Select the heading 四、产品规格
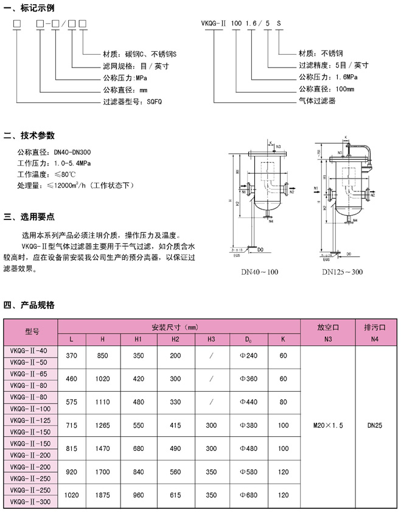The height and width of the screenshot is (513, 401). (29, 305)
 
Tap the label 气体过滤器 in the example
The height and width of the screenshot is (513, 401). (316, 101)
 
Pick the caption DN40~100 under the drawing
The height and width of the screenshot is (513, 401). (260, 272)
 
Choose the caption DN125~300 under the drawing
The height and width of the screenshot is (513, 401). (342, 272)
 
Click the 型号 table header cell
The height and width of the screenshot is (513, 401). (32, 332)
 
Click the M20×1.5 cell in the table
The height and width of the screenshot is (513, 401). (328, 426)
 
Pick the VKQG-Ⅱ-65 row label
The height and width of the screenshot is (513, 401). (30, 374)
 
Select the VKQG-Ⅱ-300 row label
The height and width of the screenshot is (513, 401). (30, 501)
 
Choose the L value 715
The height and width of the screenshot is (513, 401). (72, 425)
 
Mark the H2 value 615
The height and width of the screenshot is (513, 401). (175, 495)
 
